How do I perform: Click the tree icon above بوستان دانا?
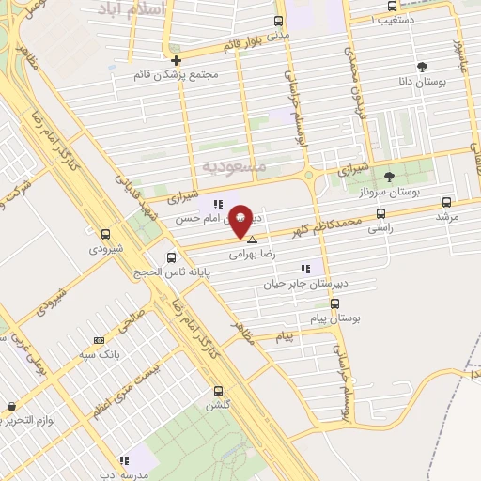click(423, 67)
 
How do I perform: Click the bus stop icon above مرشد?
click(446, 201)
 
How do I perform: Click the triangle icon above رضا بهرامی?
click(251, 240)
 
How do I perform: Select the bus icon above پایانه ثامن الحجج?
click(171, 257)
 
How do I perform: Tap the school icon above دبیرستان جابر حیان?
click(304, 268)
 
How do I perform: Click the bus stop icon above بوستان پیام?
click(334, 303)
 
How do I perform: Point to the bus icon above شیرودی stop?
click(105, 235)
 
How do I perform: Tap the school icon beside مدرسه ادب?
click(122, 461)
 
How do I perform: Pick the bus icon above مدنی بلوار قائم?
click(277, 21)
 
